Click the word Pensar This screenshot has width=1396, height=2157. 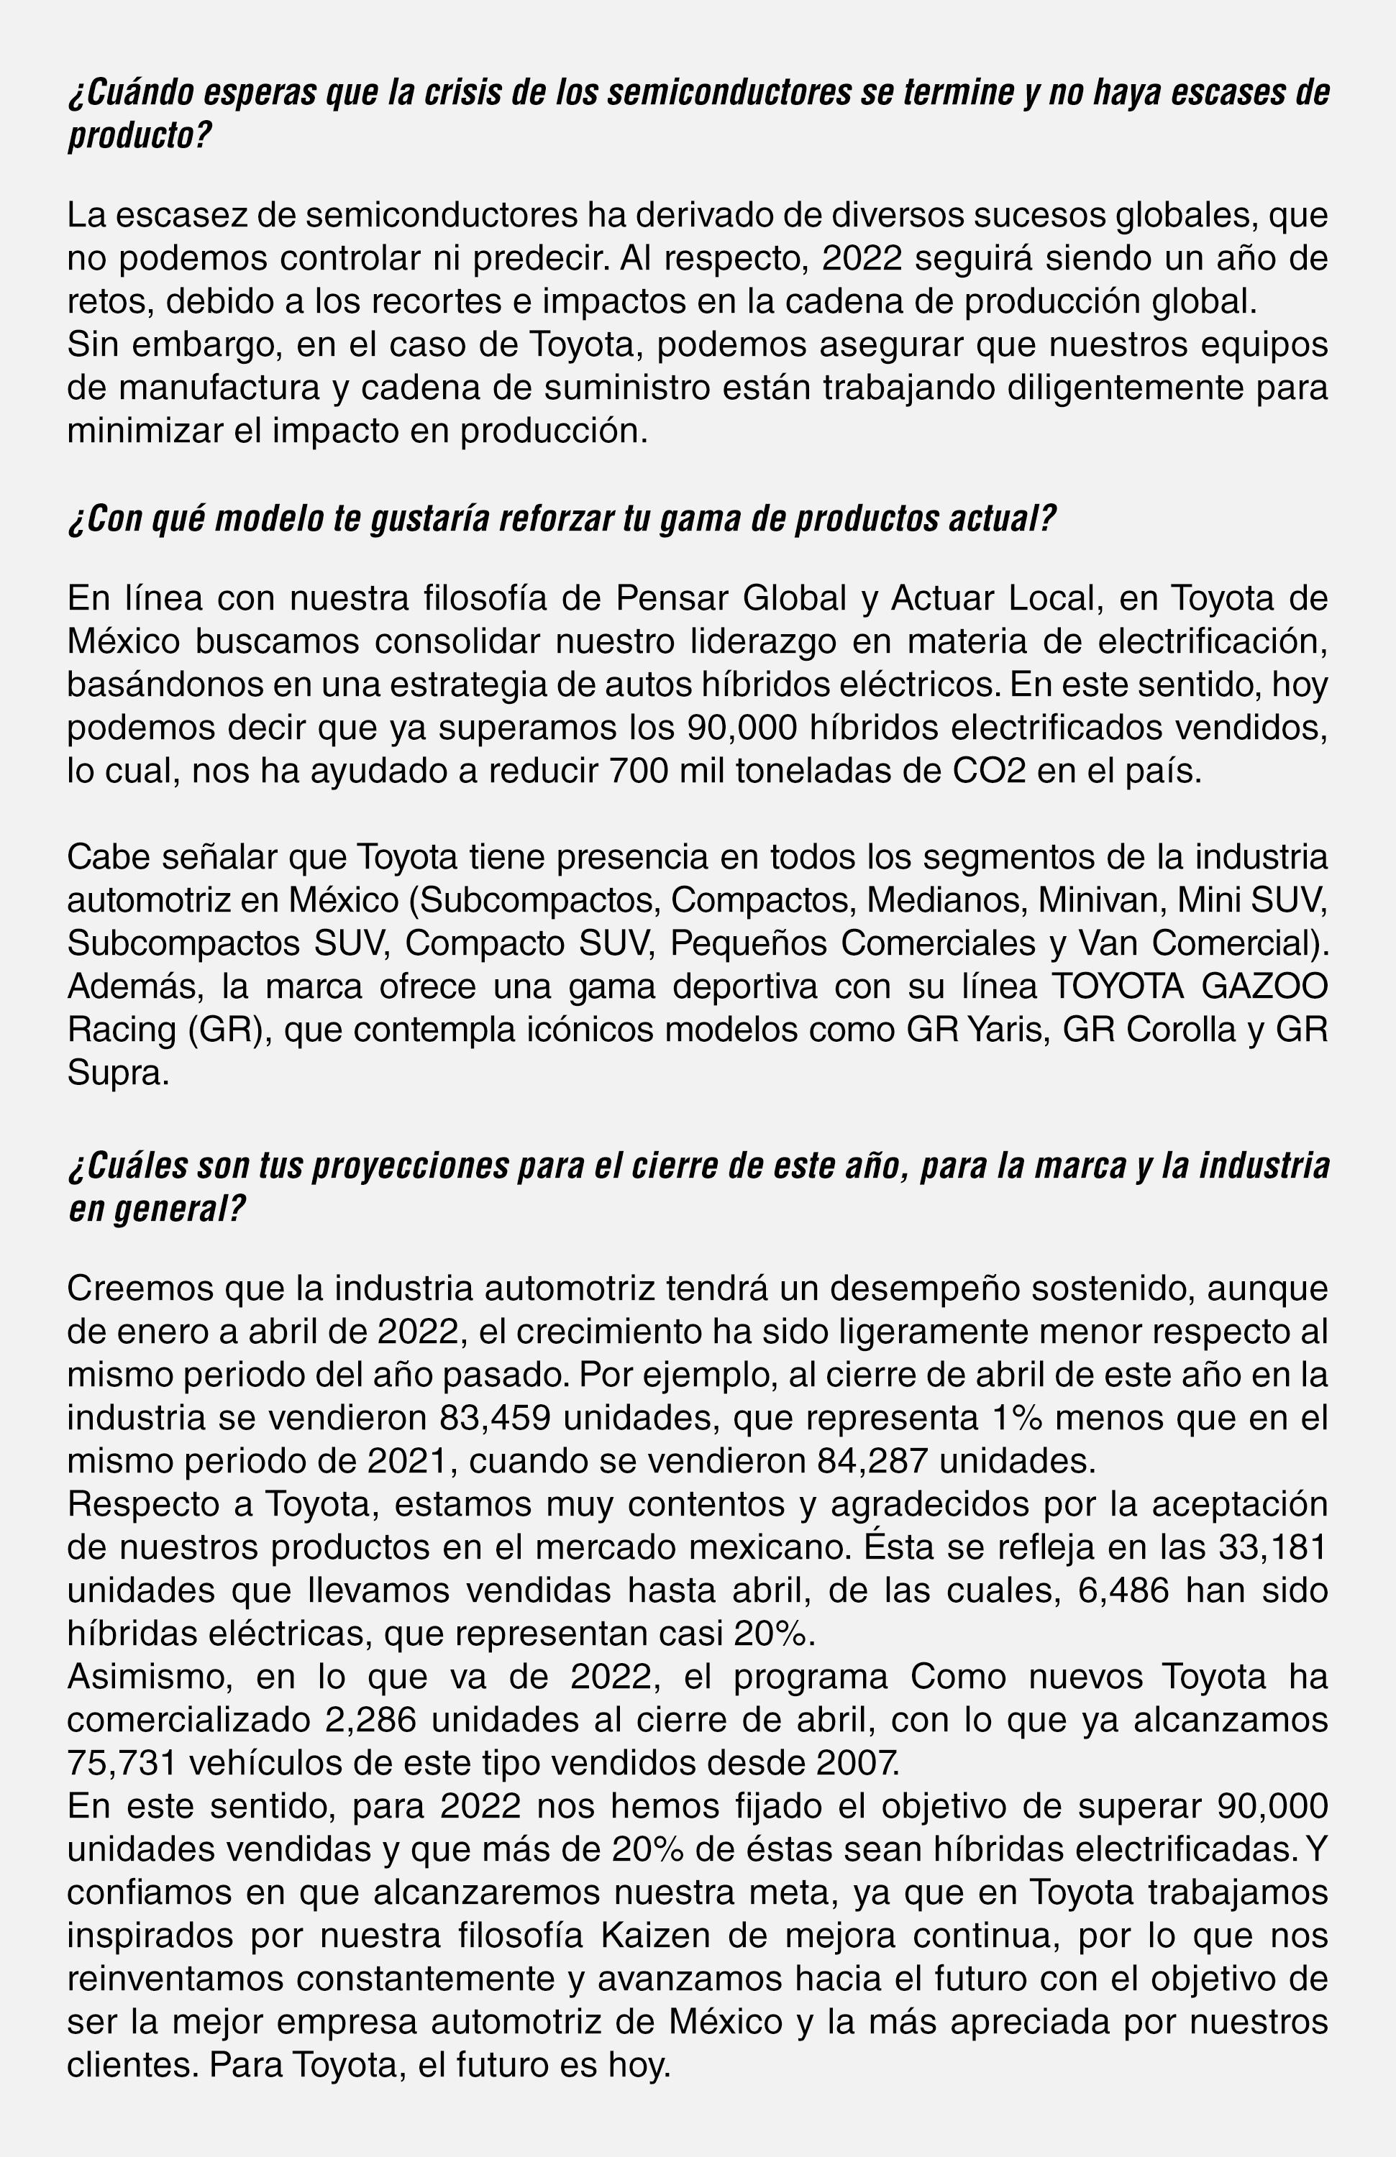[x=672, y=598]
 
